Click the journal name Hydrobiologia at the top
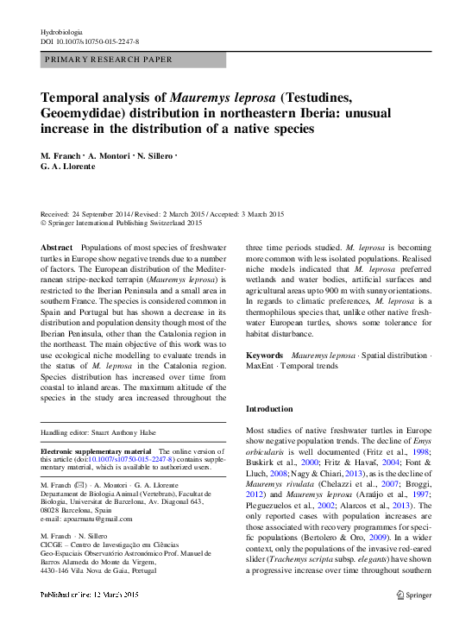coord(62,31)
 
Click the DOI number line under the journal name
coord(91,41)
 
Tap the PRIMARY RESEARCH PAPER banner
coord(104,60)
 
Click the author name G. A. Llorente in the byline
coord(68,169)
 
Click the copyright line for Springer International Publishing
coord(123,223)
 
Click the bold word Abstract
coord(58,248)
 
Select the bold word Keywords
coord(265,356)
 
